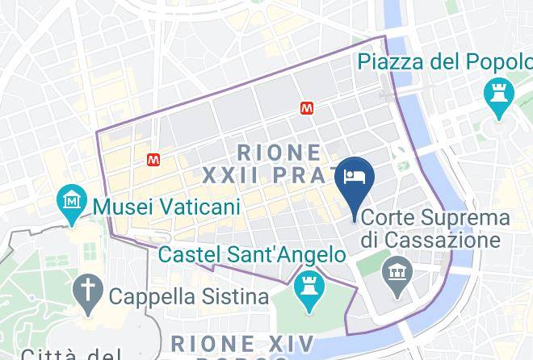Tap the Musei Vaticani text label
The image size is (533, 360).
167,207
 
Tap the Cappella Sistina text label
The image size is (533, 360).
188,296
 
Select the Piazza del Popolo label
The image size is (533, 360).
445,61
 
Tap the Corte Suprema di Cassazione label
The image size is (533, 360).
436,229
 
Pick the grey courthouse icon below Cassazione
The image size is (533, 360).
397,269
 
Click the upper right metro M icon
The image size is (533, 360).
307,107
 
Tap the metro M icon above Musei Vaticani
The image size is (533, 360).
153,160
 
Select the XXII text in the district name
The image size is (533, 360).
229,175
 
